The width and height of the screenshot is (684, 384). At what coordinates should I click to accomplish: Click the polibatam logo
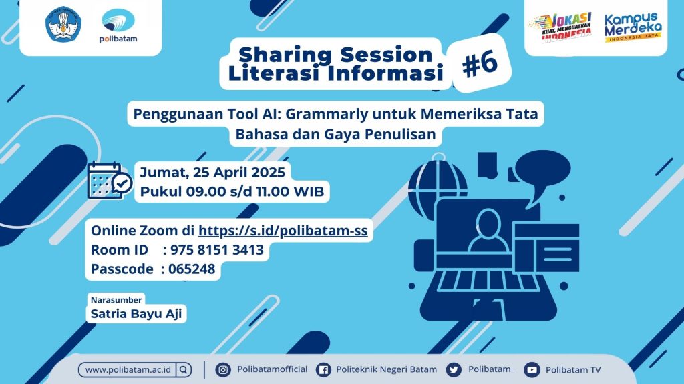[x=118, y=26]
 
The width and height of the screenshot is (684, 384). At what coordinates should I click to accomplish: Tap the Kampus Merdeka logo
[x=633, y=27]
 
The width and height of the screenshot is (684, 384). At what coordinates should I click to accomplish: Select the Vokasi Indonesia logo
[x=561, y=27]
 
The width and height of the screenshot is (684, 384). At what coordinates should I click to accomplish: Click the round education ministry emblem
[x=63, y=24]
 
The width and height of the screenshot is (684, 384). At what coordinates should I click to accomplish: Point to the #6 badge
[x=480, y=64]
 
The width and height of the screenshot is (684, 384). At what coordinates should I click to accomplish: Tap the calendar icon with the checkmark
[x=110, y=180]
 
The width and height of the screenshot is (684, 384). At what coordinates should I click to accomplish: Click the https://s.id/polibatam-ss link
[x=283, y=230]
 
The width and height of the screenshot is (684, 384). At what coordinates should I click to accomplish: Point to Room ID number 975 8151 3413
[x=217, y=250]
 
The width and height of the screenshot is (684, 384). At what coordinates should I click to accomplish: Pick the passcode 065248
[x=192, y=269]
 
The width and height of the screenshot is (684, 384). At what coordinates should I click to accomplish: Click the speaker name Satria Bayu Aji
[x=136, y=313]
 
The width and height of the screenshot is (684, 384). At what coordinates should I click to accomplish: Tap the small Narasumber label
[x=116, y=299]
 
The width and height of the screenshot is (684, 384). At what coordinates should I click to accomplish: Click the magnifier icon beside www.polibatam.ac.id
[x=184, y=369]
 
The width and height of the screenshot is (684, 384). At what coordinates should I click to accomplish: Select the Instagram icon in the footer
[x=223, y=369]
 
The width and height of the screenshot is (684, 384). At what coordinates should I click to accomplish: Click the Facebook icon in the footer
[x=323, y=369]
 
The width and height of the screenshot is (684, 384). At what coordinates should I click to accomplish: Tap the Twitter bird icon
[x=454, y=369]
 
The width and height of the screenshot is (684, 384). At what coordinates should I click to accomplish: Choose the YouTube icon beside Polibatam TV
[x=532, y=369]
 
